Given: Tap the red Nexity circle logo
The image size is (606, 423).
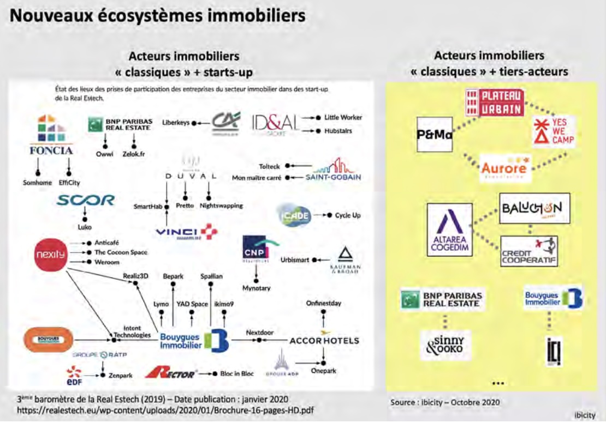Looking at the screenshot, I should (x=50, y=254).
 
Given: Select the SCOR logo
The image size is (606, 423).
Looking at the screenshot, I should (x=86, y=201).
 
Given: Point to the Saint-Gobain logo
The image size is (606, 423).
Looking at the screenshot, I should (x=334, y=170).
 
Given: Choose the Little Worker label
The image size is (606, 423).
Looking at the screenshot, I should (x=343, y=117).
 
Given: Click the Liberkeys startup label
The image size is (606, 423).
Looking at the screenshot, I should (x=175, y=123).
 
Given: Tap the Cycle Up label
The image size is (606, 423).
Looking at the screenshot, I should (x=348, y=215).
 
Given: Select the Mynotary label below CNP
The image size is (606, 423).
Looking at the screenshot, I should (x=257, y=287).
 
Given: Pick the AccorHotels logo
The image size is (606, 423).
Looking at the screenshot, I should (x=324, y=340).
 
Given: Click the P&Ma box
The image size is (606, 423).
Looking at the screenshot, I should (x=434, y=134).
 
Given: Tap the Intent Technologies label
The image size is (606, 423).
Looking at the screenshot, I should (x=132, y=331).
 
